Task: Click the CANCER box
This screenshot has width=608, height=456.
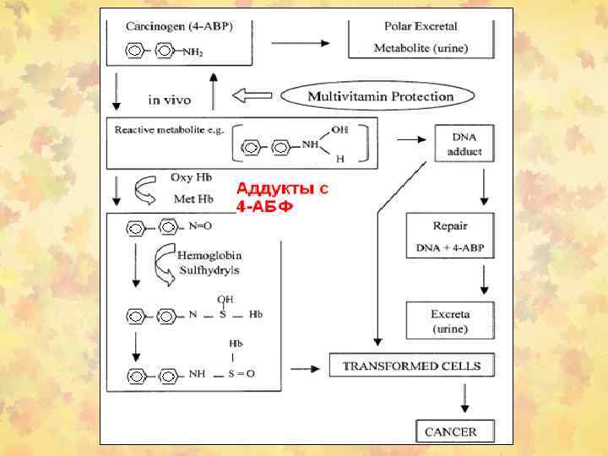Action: click(x=450, y=432)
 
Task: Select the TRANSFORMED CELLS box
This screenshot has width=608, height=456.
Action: click(x=411, y=366)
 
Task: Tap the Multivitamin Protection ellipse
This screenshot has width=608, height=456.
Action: click(x=380, y=96)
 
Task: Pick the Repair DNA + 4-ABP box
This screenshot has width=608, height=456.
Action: click(x=449, y=237)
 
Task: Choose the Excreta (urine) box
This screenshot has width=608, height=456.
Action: click(x=450, y=320)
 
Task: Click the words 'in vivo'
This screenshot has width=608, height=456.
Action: click(x=169, y=100)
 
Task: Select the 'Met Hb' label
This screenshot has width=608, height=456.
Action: click(x=193, y=199)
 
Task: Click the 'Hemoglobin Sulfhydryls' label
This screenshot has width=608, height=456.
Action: click(x=208, y=263)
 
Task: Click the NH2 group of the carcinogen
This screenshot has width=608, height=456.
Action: click(x=193, y=52)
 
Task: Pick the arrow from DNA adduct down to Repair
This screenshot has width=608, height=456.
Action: click(x=483, y=187)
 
